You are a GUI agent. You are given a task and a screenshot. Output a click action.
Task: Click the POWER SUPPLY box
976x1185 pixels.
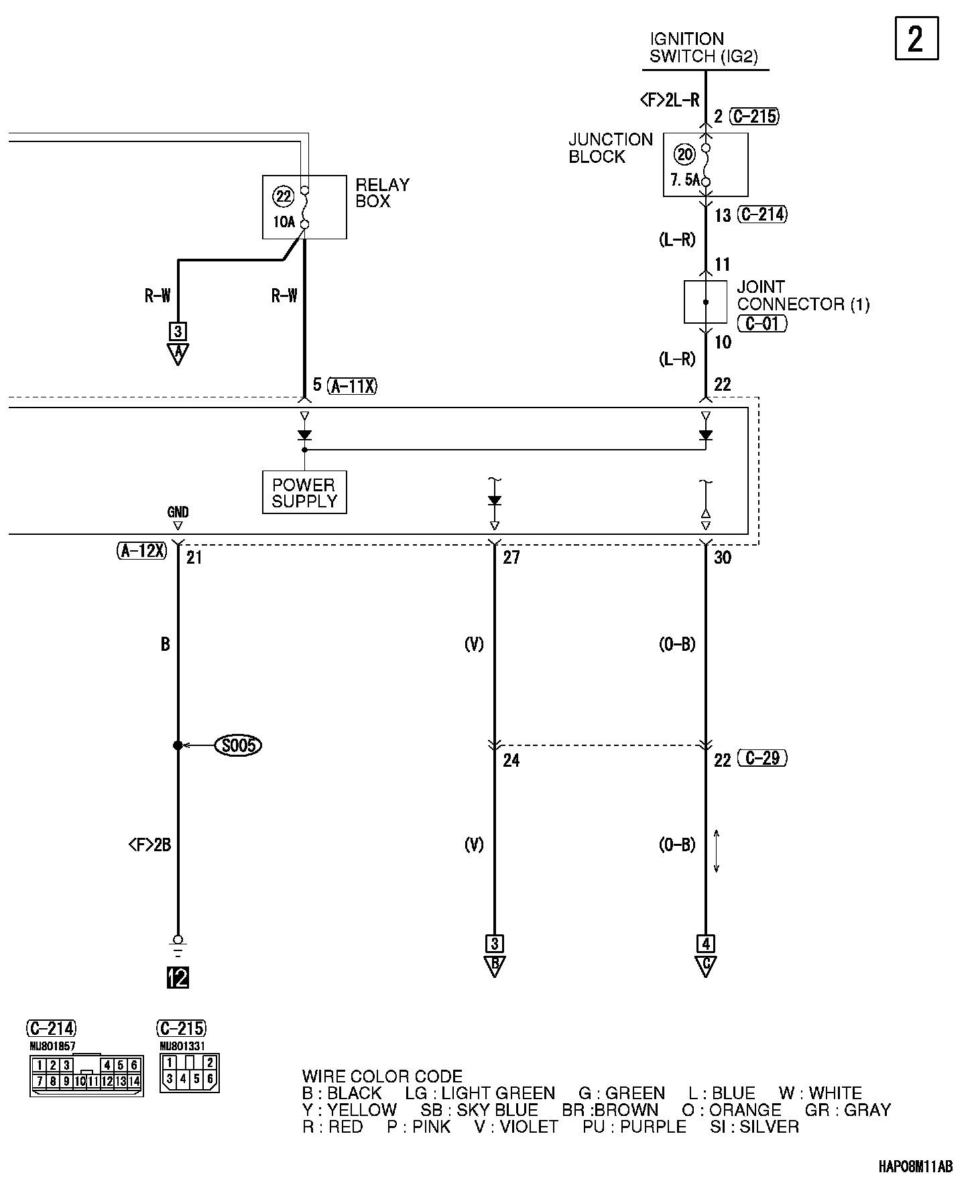[304, 493]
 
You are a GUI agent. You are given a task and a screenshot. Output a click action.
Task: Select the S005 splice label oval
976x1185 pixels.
[238, 745]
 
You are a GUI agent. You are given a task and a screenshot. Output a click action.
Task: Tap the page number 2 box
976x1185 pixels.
[916, 40]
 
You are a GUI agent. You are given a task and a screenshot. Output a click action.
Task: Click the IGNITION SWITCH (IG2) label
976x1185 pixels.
[703, 48]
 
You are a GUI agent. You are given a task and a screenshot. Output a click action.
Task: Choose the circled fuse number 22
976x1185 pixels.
[284, 196]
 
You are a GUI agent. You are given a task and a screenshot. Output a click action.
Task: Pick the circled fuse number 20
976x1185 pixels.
[685, 155]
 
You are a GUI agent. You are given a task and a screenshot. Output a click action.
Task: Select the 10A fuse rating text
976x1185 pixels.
[284, 221]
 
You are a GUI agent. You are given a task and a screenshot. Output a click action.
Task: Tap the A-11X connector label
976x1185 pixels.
[353, 386]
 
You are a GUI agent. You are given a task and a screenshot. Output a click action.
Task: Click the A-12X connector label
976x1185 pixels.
[141, 551]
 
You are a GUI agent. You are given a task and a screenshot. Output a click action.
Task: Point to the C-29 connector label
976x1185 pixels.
[762, 759]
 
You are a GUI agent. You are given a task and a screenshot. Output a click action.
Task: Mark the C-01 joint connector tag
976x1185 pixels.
[762, 324]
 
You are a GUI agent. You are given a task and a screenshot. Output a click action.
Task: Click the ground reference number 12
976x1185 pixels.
[178, 978]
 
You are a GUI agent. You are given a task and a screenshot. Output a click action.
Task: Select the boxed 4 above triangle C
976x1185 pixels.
[705, 944]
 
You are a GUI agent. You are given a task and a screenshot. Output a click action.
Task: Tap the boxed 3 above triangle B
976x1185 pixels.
[494, 944]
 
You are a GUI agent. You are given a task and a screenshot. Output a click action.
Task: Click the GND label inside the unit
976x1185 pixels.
[178, 513]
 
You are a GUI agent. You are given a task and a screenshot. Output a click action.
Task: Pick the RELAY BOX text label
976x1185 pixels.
[382, 193]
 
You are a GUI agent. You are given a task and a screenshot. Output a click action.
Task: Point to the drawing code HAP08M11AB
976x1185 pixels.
[915, 1167]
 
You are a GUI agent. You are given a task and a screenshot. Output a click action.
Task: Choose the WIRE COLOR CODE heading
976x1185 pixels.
[382, 1076]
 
